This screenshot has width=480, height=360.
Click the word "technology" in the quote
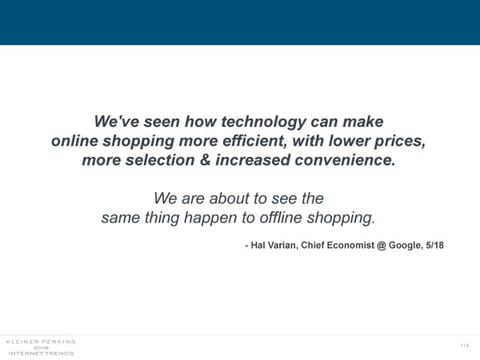click(x=255, y=122)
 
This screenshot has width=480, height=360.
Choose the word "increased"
click(x=258, y=161)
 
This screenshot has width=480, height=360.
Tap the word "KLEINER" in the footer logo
click(x=22, y=342)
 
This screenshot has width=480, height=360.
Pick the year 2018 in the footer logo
click(x=40, y=347)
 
